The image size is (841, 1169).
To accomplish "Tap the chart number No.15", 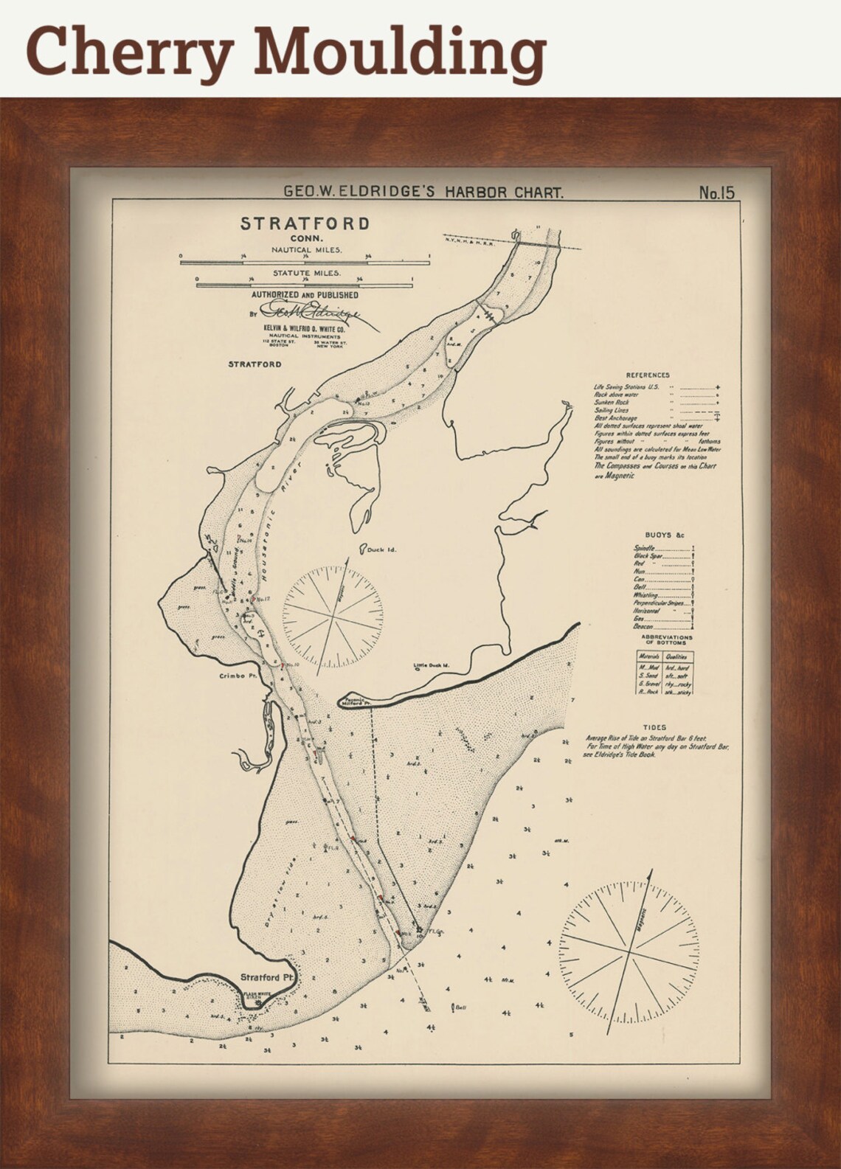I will tap(717, 193).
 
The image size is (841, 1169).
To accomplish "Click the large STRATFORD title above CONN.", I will tap(305, 223).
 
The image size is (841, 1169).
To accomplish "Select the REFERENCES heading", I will tap(647, 375).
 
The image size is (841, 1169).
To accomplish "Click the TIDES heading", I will tap(654, 727).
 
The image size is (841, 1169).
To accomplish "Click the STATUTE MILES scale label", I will tap(306, 273).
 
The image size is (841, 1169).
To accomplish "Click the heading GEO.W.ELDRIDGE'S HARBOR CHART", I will tap(424, 193).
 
